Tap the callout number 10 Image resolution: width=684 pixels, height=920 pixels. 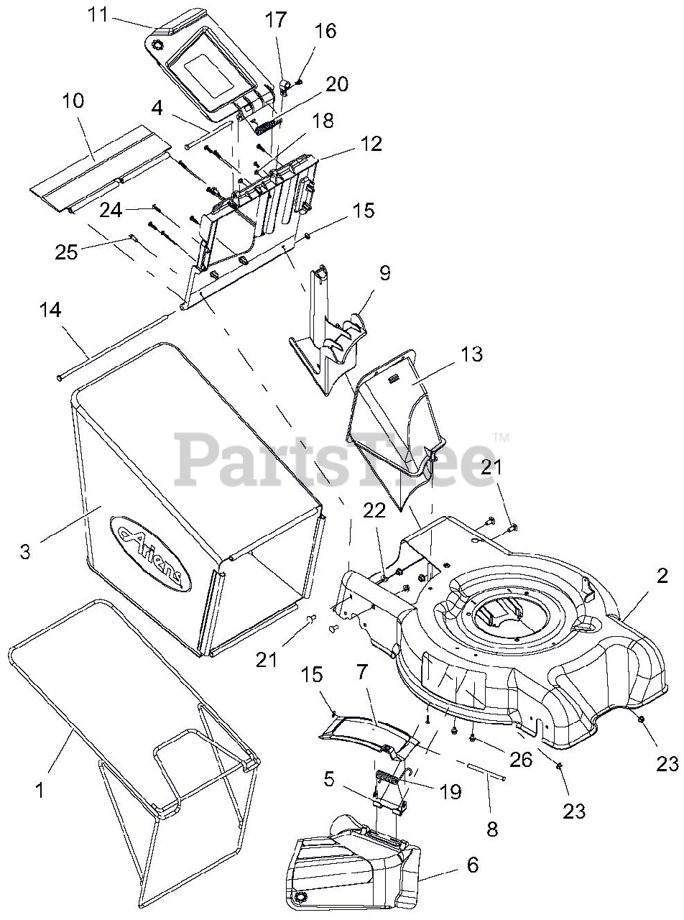tap(73, 101)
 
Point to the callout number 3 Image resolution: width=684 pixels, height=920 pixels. tap(24, 552)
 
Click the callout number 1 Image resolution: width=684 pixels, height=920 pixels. tap(40, 790)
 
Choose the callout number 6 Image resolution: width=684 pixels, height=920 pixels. tap(472, 865)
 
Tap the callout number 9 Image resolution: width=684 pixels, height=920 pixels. tap(385, 274)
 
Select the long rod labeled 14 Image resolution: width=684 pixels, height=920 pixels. tap(115, 344)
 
